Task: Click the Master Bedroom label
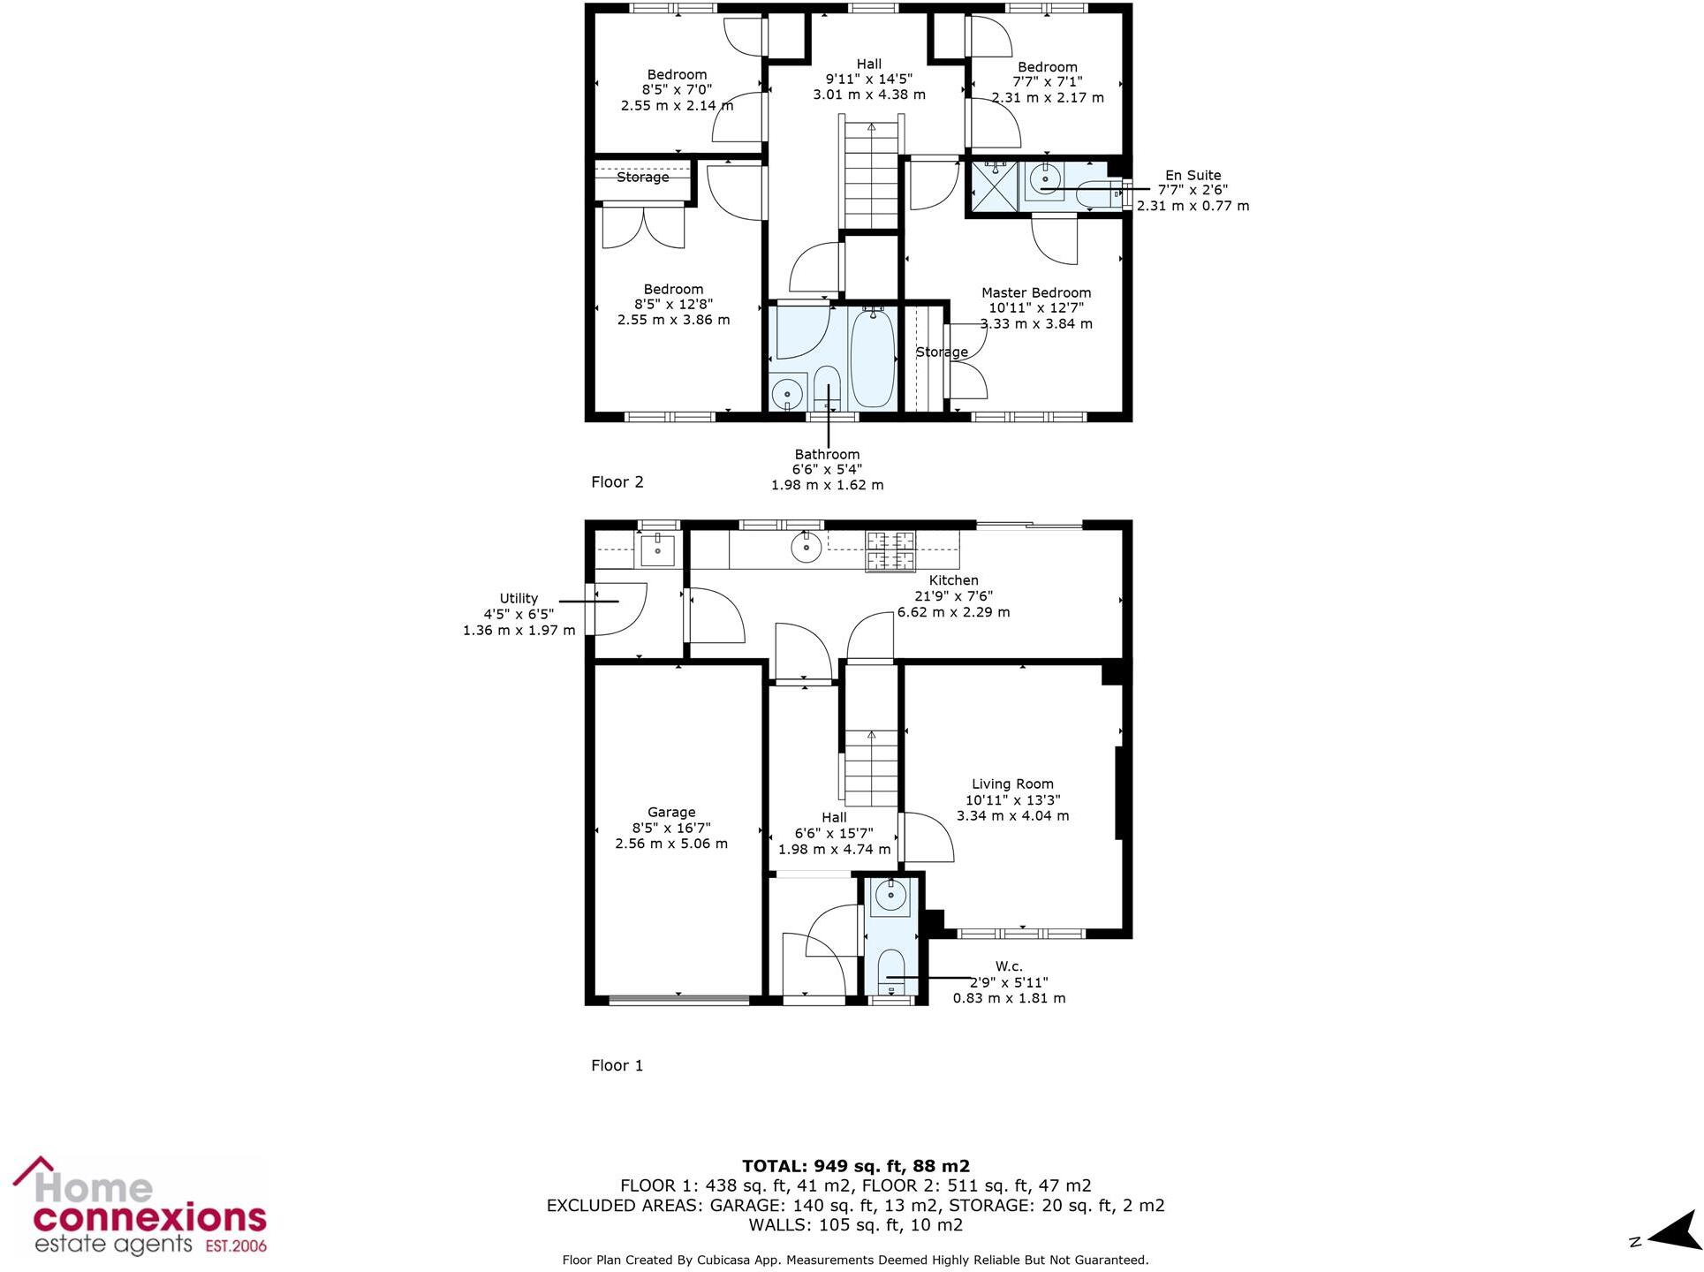[1036, 292]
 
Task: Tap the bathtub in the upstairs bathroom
[873, 358]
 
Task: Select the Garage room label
[671, 812]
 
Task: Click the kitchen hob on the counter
[890, 551]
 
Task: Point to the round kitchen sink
[807, 548]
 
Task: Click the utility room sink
[657, 549]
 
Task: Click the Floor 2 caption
[617, 481]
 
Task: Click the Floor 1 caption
[617, 1065]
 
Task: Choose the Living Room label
[1012, 784]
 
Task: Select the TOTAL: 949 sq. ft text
[855, 1166]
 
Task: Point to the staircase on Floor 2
[872, 177]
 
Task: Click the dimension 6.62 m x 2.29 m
[953, 611]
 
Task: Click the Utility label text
[519, 598]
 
